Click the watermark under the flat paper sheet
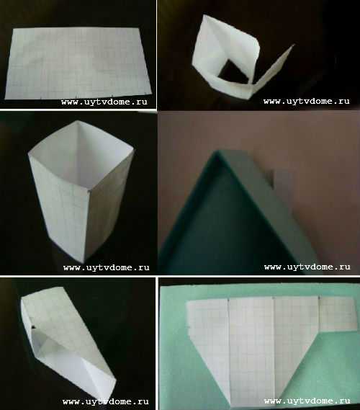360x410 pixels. (x=104, y=102)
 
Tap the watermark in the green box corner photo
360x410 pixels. (x=307, y=267)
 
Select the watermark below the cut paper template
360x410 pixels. (x=307, y=401)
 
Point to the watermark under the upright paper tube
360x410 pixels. (x=107, y=267)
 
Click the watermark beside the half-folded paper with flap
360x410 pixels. (x=307, y=101)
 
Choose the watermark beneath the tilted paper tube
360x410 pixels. (x=106, y=401)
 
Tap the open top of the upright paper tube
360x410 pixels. (x=80, y=154)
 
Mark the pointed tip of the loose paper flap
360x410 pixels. (x=294, y=45)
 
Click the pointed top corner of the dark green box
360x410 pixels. (x=216, y=151)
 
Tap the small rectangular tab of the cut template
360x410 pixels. (x=338, y=313)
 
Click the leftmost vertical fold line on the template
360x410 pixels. (x=229, y=348)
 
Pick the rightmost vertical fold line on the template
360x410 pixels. (x=319, y=313)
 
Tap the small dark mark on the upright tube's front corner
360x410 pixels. (x=89, y=192)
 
